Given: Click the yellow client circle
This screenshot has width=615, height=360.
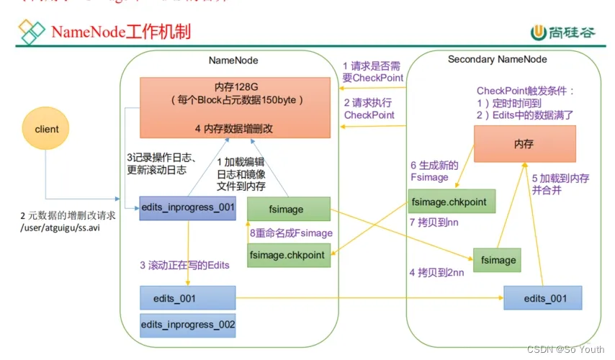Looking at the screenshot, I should point(46,130).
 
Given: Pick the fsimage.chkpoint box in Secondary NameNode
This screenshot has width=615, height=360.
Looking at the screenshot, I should point(452,202).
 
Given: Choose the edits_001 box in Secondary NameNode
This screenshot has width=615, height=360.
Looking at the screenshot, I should point(542,298).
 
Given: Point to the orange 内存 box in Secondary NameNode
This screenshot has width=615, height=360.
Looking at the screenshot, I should point(524,144).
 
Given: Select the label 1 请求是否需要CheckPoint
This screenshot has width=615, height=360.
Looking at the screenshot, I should point(372,72).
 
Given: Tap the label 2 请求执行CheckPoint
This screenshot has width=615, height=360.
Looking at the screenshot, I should point(369,109).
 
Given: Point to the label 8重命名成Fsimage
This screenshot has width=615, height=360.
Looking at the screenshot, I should point(291,233).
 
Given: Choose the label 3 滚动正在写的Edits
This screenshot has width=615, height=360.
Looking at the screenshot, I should point(184,265).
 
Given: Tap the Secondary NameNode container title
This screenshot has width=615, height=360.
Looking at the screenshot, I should point(497,60).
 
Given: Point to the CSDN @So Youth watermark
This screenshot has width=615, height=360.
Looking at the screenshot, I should point(565,349).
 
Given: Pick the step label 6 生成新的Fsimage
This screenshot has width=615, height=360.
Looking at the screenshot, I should point(429,171).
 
